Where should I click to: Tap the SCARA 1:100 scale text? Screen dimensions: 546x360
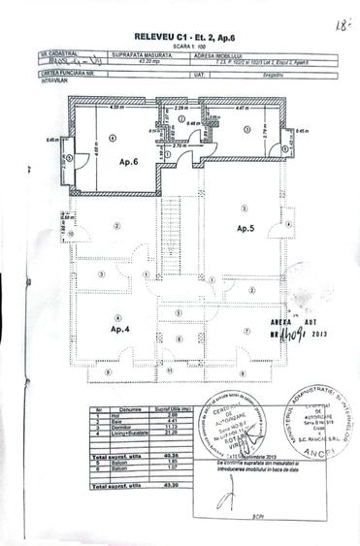pos(179,45)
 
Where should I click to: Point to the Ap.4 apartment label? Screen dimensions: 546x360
pos(94,330)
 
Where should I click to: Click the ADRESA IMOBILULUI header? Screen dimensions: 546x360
pos(213,55)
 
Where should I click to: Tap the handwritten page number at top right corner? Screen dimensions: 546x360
pos(339,20)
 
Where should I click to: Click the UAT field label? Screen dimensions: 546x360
pos(198,72)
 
